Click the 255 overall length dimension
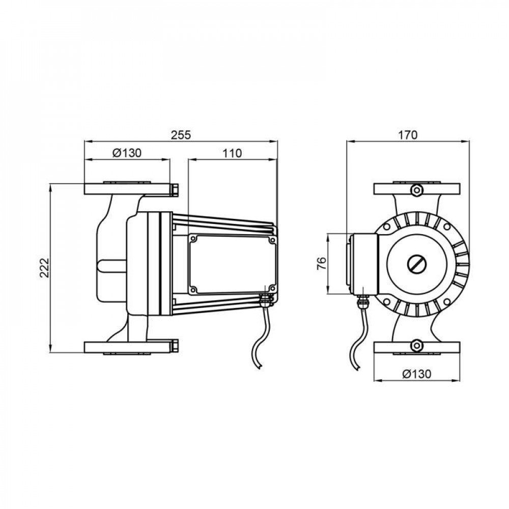(180, 135)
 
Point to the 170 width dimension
(408, 135)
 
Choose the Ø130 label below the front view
(417, 374)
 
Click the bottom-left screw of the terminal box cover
(193, 290)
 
